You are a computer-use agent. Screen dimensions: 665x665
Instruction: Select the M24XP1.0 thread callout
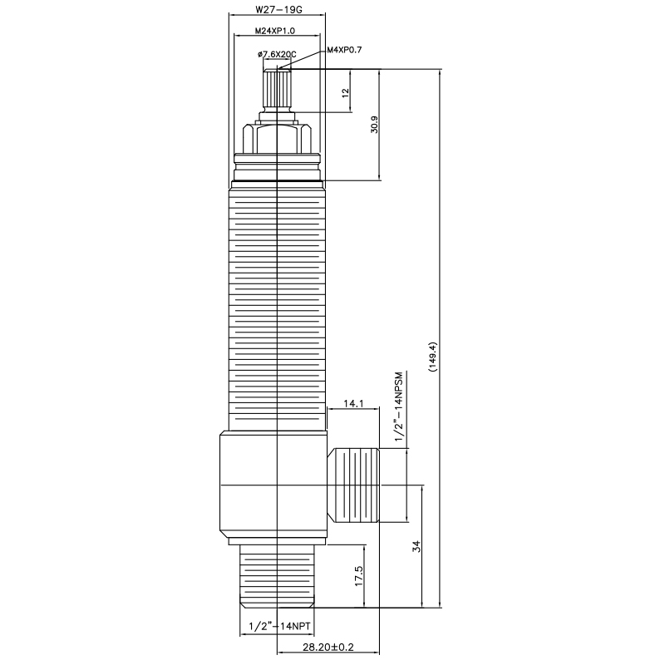[x=276, y=31]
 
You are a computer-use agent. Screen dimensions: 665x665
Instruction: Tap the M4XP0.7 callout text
[x=344, y=50]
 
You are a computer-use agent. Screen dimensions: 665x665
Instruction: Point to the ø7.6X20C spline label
[x=278, y=54]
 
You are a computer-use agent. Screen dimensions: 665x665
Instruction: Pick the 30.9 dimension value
[x=375, y=125]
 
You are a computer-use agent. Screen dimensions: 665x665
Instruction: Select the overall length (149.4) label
[x=431, y=357]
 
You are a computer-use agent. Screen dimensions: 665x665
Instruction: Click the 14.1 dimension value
[x=353, y=403]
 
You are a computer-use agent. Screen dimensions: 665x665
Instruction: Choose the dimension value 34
[x=417, y=546]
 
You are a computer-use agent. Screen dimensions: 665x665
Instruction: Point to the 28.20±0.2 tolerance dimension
[x=328, y=648]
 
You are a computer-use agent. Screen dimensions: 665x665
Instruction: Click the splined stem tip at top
[x=276, y=87]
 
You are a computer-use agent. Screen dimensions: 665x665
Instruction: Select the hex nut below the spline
[x=276, y=136]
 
